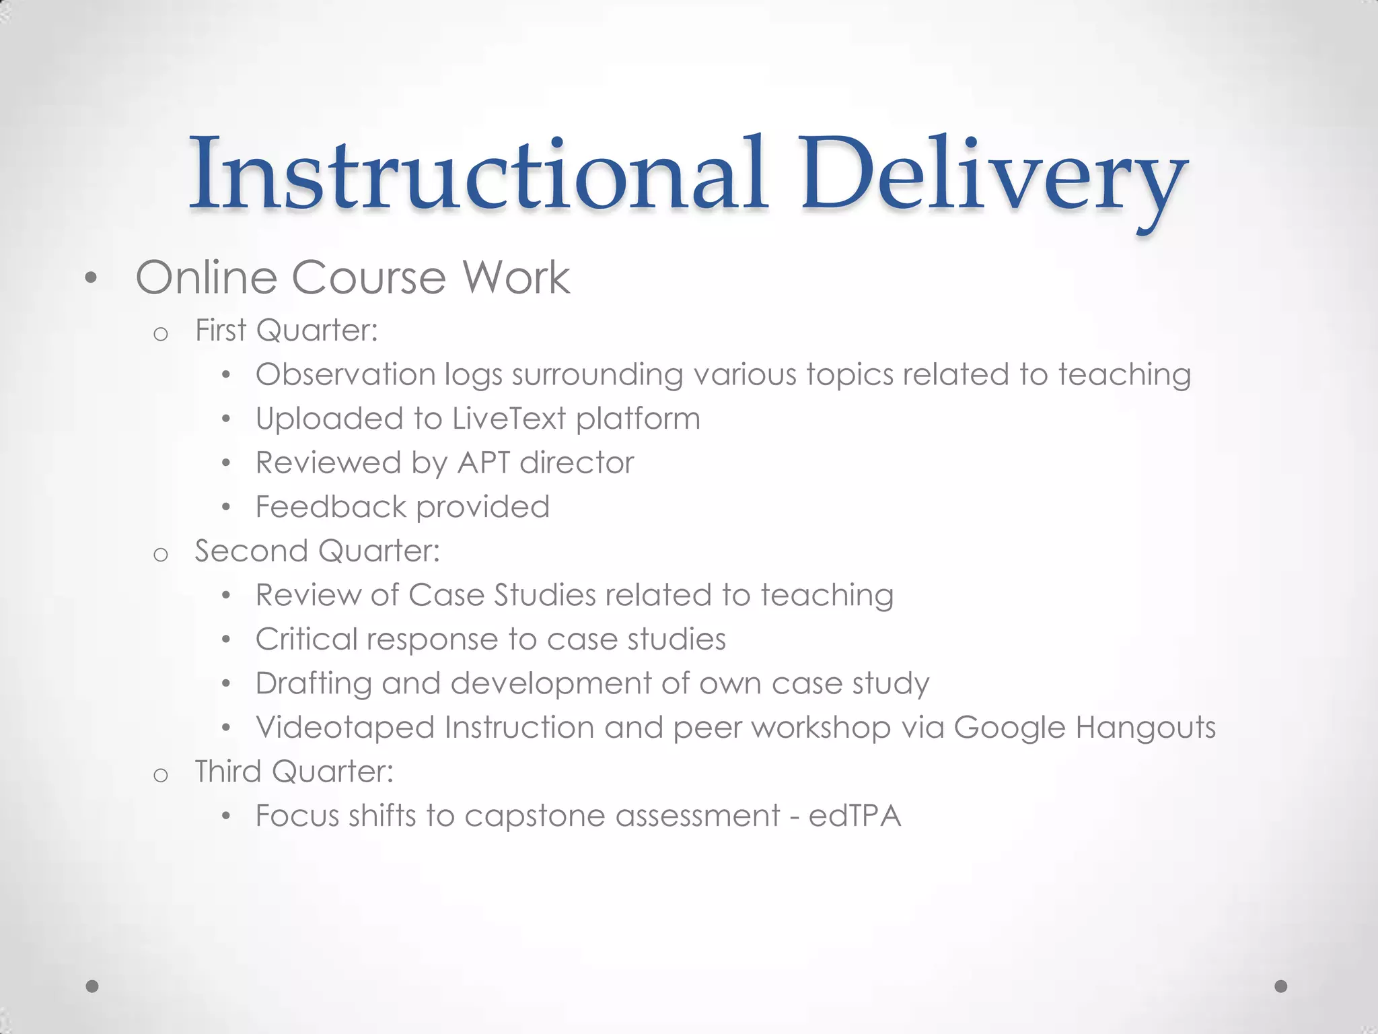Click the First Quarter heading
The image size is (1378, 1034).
[x=286, y=331]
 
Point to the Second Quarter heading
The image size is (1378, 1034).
[x=317, y=551]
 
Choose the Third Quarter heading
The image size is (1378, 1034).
[x=294, y=771]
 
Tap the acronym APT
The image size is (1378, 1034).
[x=483, y=463]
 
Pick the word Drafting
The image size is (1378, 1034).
[x=314, y=684]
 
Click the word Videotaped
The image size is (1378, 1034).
[x=344, y=728]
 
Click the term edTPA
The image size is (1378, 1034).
[x=855, y=816]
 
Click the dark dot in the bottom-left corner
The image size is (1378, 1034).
[x=93, y=986]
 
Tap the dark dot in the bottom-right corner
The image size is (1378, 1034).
[x=1281, y=986]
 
